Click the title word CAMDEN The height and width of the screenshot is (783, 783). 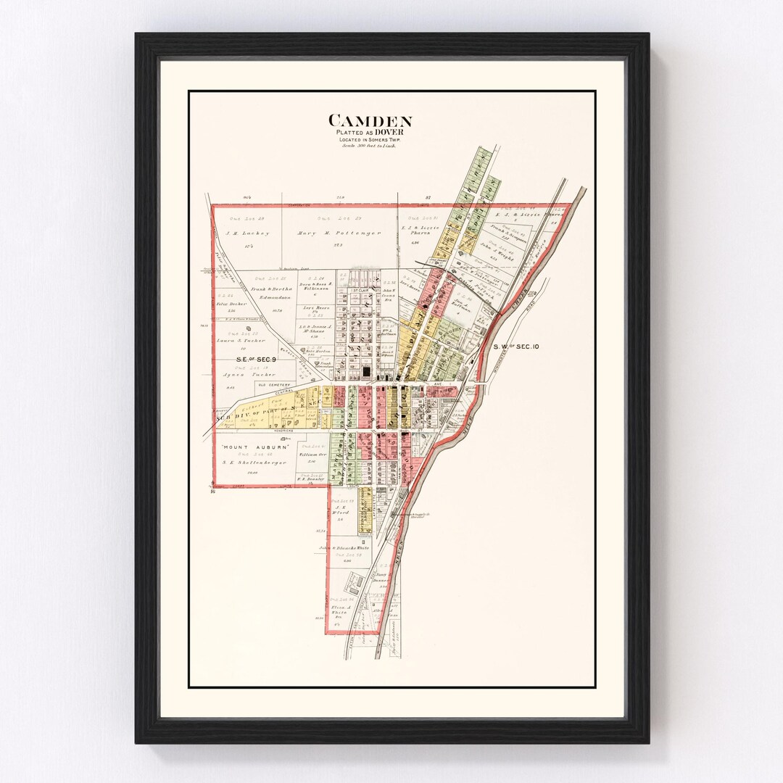(x=370, y=121)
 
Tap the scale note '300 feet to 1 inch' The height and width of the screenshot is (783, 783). (x=370, y=146)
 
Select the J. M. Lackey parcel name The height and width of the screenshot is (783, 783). (x=248, y=233)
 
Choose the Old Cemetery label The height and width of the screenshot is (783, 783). (x=272, y=384)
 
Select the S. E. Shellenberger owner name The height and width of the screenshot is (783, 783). (x=255, y=462)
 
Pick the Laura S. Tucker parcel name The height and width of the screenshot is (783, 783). (x=241, y=340)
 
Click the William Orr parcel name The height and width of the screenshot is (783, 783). (x=312, y=454)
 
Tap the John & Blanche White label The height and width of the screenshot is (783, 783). (x=344, y=548)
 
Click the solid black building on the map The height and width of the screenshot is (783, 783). (x=366, y=371)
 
